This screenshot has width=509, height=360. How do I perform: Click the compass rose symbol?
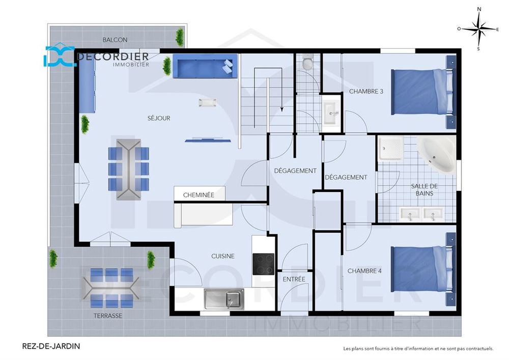tap(478, 29)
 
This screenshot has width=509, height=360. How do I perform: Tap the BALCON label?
tap(115, 40)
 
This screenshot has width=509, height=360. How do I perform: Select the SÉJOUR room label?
tap(159, 118)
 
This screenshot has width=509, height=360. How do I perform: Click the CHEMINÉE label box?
tap(198, 195)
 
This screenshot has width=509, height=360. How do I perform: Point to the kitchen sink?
tap(224, 299)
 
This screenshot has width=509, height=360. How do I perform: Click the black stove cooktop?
tap(263, 264)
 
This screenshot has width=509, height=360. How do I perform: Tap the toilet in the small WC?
tap(307, 63)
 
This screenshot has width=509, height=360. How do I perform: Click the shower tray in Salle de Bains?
tap(390, 147)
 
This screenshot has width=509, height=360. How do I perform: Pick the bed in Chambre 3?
tap(421, 92)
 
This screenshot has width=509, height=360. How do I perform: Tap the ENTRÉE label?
tap(294, 279)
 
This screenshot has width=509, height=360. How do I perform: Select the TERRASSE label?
tap(107, 316)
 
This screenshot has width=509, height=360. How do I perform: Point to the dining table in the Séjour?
tap(128, 169)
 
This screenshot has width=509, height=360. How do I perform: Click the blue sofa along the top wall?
tap(205, 67)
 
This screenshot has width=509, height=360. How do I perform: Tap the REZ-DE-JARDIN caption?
tap(51, 346)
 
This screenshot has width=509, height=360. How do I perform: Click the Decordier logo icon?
tap(59, 57)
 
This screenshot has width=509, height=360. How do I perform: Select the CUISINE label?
tap(223, 256)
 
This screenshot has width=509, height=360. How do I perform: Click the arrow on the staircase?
tap(281, 107)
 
